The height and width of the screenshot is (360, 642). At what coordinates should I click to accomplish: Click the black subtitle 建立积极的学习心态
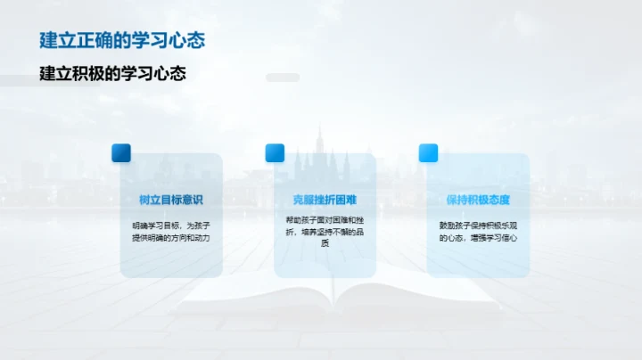tap(112, 74)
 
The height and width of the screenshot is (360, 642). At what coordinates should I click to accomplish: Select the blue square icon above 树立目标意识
tap(121, 153)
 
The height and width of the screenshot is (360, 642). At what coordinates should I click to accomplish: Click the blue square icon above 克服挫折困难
tap(275, 153)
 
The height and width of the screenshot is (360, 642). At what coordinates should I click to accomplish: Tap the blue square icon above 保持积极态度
tap(428, 153)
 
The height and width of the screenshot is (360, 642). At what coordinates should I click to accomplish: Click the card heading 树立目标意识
tap(171, 200)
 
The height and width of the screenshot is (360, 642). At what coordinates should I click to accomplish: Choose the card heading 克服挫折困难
tap(325, 200)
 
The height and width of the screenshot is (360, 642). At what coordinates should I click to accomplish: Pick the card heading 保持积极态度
tap(478, 200)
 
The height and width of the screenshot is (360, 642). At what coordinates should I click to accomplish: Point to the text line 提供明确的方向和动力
tap(171, 238)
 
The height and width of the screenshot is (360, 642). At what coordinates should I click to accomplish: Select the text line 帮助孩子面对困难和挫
tap(325, 219)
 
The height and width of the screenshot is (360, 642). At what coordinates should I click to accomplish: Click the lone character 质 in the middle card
tap(325, 243)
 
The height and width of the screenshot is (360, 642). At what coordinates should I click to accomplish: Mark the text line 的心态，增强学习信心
tap(478, 238)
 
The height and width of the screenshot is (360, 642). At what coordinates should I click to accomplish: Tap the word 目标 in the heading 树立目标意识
tap(171, 200)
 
